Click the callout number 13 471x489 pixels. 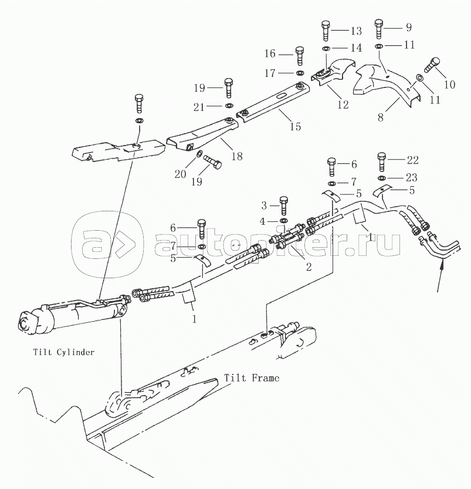(356, 31)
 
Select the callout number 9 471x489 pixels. (409, 28)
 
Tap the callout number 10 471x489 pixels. (449, 84)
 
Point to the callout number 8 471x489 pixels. (380, 117)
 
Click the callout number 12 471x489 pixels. (343, 104)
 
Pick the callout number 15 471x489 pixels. (295, 126)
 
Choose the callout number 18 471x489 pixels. (237, 156)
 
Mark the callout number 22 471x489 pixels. (413, 160)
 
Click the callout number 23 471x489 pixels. (412, 177)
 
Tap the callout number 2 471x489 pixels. (309, 267)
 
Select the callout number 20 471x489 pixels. (180, 174)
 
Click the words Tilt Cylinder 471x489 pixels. (64, 352)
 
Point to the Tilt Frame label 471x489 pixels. (252, 378)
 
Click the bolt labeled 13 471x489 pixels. (325, 31)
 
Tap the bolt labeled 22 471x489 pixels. (381, 162)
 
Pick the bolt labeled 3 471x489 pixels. (283, 206)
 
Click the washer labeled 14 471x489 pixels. (326, 48)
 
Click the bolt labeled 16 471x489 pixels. (300, 56)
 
